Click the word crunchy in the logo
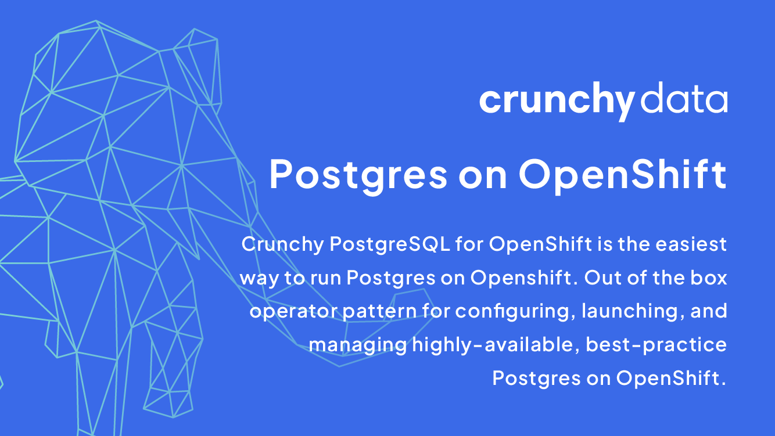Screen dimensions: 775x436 click(x=557, y=101)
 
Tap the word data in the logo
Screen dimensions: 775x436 click(x=684, y=98)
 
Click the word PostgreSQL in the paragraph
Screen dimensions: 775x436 click(x=390, y=245)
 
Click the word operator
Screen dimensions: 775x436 click(x=294, y=312)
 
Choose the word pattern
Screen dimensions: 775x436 click(x=380, y=312)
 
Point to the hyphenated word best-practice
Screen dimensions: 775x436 click(x=656, y=345)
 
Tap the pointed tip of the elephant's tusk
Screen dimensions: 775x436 click(x=199, y=259)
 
